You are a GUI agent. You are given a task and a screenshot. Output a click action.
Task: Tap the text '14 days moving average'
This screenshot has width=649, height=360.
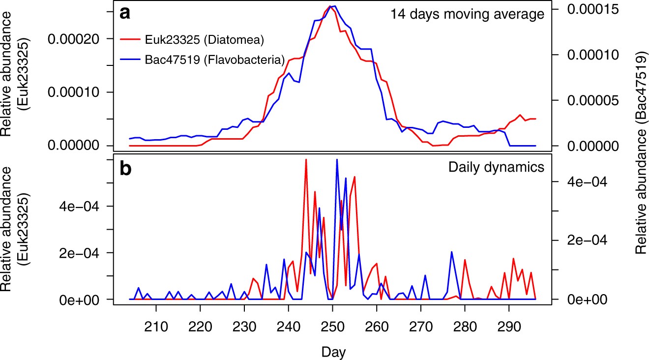467,14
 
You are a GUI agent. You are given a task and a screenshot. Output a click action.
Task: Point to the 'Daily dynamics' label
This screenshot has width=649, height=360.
496,167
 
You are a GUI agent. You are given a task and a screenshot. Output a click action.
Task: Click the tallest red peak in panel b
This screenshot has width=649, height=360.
306,160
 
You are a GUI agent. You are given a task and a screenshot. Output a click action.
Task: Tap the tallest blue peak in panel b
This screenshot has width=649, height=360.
337,160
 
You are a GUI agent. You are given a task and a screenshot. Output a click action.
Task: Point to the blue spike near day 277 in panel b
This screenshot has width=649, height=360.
451,252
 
